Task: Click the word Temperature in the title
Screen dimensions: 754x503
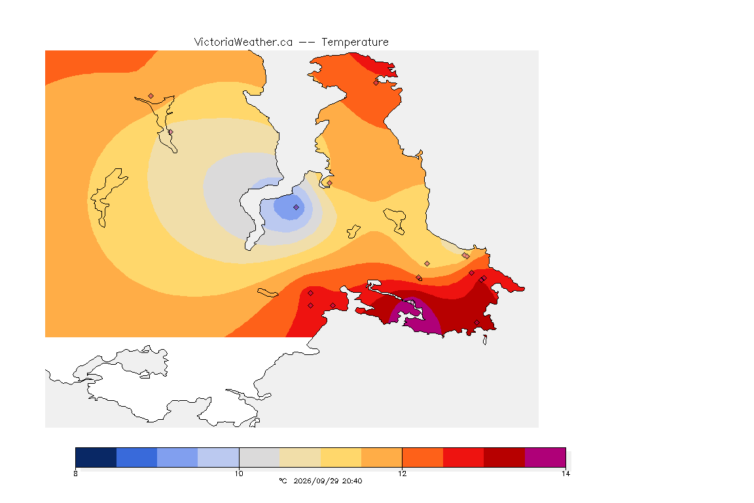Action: click(355, 43)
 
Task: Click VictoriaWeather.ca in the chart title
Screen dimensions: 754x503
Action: click(243, 43)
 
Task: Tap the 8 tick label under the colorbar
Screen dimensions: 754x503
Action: click(75, 474)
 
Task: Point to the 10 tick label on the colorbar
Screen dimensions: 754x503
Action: click(239, 474)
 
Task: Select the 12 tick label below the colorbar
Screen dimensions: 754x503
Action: click(402, 474)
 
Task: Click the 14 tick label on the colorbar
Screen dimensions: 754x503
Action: click(565, 474)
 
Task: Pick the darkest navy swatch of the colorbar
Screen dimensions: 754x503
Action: click(96, 457)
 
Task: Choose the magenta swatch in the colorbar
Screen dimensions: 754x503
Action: click(545, 457)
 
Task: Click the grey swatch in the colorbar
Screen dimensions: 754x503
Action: click(259, 457)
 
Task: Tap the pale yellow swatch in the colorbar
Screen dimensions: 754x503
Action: click(341, 457)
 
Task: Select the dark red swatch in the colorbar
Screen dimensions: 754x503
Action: click(504, 457)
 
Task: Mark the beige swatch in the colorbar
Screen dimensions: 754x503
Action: click(300, 457)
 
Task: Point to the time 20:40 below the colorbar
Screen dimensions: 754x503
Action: click(352, 481)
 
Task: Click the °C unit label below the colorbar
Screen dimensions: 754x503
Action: click(283, 481)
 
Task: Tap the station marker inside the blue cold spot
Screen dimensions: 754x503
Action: click(296, 208)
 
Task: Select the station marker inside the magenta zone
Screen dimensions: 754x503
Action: click(412, 303)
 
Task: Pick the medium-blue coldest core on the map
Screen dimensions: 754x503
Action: click(289, 207)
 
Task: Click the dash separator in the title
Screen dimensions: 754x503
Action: click(307, 43)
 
